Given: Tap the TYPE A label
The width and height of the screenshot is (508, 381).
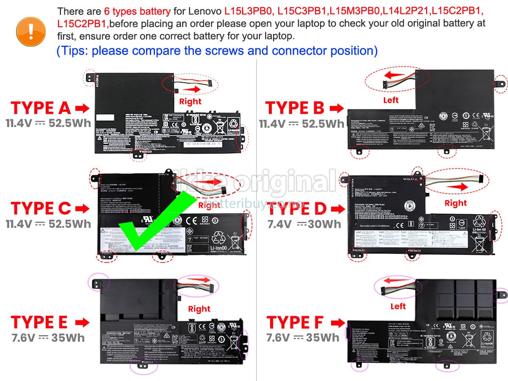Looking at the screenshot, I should [x=41, y=108].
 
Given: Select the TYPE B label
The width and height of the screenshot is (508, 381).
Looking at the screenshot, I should [x=295, y=108].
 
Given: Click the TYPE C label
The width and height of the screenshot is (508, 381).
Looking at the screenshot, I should [x=41, y=208].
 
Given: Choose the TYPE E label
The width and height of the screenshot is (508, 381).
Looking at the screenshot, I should [x=39, y=322].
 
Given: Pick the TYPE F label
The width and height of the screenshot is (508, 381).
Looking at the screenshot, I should [x=295, y=322].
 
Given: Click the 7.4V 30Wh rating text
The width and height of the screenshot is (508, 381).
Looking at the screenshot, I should [x=304, y=224].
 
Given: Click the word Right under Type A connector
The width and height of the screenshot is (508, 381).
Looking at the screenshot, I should [x=190, y=101].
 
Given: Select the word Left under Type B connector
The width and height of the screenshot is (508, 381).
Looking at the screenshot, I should [x=391, y=100].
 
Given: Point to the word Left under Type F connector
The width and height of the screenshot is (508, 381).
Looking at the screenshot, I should [x=398, y=306].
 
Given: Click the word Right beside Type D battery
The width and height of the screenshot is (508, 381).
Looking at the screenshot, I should [x=456, y=203].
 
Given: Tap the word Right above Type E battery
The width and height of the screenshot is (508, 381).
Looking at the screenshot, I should [x=199, y=309].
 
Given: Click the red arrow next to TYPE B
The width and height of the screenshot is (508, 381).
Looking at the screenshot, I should [x=337, y=108].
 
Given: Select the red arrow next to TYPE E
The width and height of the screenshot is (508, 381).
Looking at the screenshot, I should [x=82, y=323].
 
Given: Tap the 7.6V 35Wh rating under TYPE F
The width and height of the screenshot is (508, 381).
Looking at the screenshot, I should [x=303, y=337].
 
